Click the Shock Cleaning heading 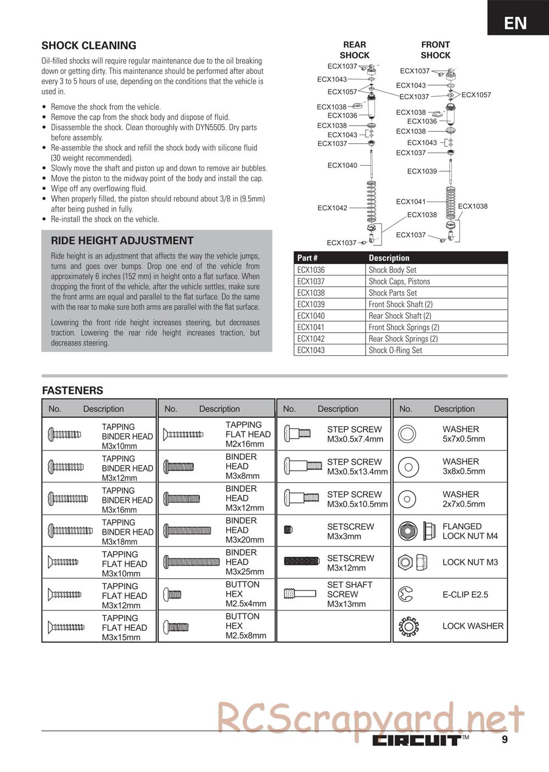[x=89, y=46]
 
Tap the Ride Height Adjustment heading [x=122, y=240]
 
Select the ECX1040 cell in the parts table [x=311, y=316]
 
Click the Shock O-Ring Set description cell [x=395, y=350]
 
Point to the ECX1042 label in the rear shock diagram [x=332, y=208]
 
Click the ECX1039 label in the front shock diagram [x=422, y=171]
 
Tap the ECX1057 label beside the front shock [x=476, y=95]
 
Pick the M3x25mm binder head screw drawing [x=192, y=562]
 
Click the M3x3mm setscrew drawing [x=289, y=530]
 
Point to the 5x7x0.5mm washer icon [x=407, y=434]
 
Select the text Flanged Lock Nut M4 [x=470, y=531]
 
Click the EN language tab [x=516, y=23]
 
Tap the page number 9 [x=505, y=740]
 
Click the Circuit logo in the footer [x=418, y=740]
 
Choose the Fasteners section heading [x=72, y=390]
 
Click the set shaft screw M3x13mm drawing [x=300, y=594]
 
